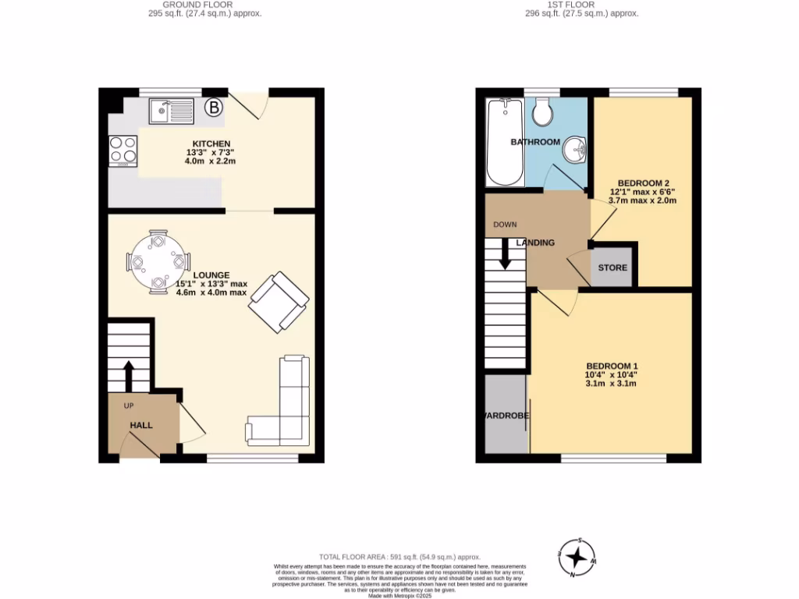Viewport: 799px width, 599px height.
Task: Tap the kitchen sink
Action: (x=171, y=111)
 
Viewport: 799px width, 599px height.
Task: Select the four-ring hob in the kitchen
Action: (x=123, y=150)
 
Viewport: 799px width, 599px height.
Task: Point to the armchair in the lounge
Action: (x=278, y=302)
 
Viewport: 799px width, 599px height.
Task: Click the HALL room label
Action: (x=141, y=425)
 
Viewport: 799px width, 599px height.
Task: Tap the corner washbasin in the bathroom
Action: (x=577, y=147)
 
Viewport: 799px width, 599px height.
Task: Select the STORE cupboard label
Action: (x=613, y=268)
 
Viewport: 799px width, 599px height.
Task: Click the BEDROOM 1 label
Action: (x=612, y=366)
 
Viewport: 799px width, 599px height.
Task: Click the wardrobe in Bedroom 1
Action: (x=506, y=415)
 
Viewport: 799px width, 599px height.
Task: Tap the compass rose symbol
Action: (x=577, y=557)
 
